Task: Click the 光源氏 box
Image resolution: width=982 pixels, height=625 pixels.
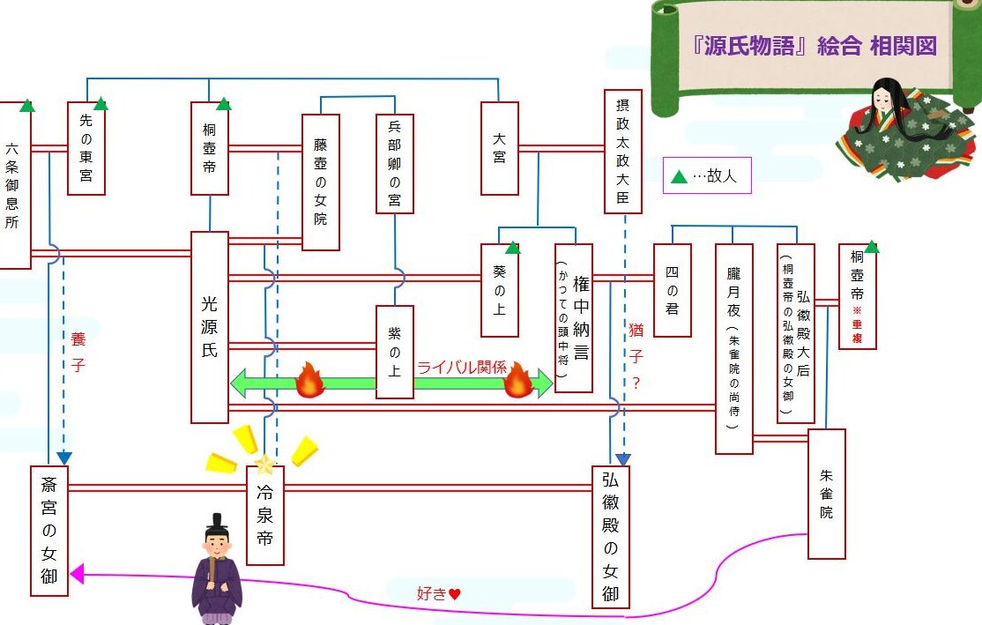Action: click(x=209, y=327)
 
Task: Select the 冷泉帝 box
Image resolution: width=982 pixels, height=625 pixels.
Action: click(x=265, y=515)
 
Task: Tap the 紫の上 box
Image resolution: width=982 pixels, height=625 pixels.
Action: click(x=395, y=352)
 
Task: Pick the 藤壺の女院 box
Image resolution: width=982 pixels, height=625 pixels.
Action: click(x=321, y=182)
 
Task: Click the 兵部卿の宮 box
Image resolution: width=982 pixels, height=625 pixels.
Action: click(x=395, y=163)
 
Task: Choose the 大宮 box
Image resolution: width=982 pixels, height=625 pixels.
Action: click(x=499, y=148)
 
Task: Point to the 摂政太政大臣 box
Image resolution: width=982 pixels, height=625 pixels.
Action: click(x=622, y=151)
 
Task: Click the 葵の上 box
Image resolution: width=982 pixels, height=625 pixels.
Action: click(x=499, y=290)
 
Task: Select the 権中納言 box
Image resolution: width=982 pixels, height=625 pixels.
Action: click(x=574, y=317)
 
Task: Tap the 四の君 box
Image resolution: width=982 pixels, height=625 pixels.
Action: click(x=672, y=290)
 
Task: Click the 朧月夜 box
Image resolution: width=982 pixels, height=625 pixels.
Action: click(x=734, y=348)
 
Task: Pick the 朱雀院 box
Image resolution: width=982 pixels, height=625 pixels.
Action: click(x=827, y=494)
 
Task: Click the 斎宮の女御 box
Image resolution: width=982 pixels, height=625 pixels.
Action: click(x=48, y=531)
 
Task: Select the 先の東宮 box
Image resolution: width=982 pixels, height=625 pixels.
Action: click(x=86, y=148)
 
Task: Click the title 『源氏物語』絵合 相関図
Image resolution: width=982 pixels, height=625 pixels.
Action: click(x=815, y=46)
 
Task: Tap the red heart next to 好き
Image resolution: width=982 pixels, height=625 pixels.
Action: click(x=455, y=593)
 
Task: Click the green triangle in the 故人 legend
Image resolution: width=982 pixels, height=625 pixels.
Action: click(x=680, y=176)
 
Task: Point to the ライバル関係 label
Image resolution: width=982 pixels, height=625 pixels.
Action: click(x=462, y=367)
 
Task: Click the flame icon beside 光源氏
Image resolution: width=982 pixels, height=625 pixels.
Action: click(x=309, y=380)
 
